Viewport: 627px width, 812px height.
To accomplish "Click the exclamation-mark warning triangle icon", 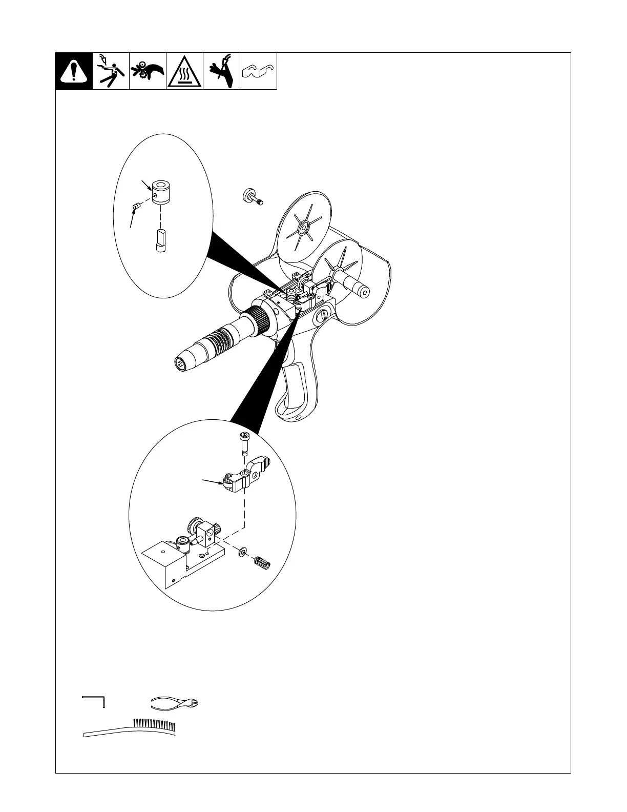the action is tap(74, 71).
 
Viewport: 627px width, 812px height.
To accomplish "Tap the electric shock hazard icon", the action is tap(111, 71).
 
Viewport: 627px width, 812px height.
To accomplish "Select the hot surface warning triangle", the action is tap(184, 72).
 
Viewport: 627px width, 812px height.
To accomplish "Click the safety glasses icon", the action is tap(258, 71).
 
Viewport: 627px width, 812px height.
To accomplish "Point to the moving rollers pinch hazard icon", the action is tap(148, 71).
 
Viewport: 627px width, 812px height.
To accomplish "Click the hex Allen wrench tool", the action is tap(94, 701).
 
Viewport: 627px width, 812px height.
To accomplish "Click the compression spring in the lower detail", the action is tap(262, 563).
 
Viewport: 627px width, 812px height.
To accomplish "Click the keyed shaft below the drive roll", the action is tap(160, 240).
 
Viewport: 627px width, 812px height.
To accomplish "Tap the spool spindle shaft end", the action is tap(364, 291).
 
